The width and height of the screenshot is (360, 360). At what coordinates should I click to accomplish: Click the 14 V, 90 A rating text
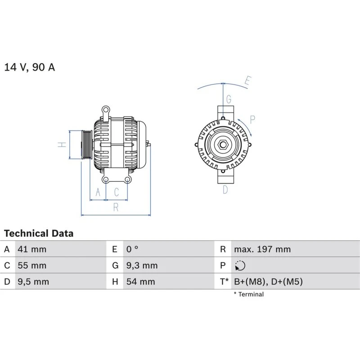[30, 67]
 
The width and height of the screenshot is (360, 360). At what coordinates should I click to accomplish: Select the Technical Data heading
[39, 234]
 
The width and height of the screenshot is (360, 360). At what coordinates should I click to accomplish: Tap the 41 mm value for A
[31, 249]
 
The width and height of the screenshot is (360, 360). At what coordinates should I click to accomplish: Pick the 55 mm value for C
[31, 265]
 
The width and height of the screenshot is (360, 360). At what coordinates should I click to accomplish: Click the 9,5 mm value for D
[33, 282]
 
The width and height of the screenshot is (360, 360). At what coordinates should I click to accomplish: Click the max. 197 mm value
[262, 249]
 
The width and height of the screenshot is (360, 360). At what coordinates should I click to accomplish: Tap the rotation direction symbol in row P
[240, 266]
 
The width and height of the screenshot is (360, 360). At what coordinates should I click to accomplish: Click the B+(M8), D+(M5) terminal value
[268, 282]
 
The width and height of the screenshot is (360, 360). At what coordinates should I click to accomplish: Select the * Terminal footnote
[248, 294]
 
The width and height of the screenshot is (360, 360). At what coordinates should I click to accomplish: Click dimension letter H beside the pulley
[63, 144]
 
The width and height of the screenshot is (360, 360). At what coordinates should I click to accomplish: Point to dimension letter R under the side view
[116, 207]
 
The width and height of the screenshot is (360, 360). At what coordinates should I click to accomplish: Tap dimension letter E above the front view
[247, 81]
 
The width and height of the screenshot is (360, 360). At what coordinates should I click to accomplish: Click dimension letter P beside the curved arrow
[252, 119]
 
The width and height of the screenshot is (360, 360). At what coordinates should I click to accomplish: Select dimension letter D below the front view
[225, 190]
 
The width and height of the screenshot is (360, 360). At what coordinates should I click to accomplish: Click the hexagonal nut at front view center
[223, 145]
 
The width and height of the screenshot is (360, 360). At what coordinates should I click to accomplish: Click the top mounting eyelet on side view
[105, 109]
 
